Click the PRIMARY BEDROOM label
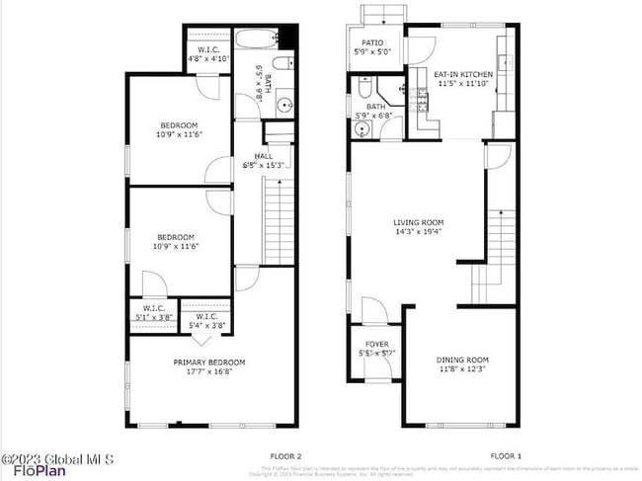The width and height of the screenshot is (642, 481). (209, 362)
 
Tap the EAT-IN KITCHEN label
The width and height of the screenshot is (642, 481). (463, 73)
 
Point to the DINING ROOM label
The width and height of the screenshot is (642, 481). (463, 360)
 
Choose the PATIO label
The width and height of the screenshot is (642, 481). (372, 42)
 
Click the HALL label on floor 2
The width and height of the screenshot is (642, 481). (264, 156)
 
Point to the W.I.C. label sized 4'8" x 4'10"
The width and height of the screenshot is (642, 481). (208, 48)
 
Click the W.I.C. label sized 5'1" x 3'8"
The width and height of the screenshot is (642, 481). (154, 307)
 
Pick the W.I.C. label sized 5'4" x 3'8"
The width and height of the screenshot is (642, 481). (206, 316)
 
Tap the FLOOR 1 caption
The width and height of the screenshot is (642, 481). (505, 455)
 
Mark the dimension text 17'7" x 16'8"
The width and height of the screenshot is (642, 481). (209, 372)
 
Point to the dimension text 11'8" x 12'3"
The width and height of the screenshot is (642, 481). (463, 369)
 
